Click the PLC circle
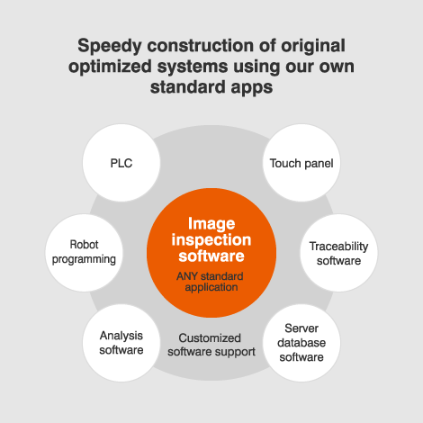pyautogui.click(x=121, y=163)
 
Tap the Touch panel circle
pyautogui.click(x=301, y=163)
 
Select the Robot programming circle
pyautogui.click(x=84, y=253)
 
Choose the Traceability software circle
pyautogui.click(x=338, y=253)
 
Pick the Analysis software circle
pyautogui.click(x=121, y=343)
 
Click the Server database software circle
pyautogui.click(x=301, y=343)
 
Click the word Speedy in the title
pyautogui.click(x=110, y=47)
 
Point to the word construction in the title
pyautogui.click(x=200, y=46)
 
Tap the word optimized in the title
pyautogui.click(x=110, y=67)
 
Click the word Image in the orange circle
pyautogui.click(x=211, y=224)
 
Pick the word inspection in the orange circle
pyautogui.click(x=211, y=240)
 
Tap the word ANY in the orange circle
pyautogui.click(x=186, y=276)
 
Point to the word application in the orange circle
pyautogui.click(x=211, y=287)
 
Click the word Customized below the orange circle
pyautogui.click(x=210, y=338)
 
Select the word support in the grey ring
pyautogui.click(x=237, y=352)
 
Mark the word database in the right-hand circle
pyautogui.click(x=301, y=343)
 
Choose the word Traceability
pyautogui.click(x=338, y=247)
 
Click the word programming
pyautogui.click(x=84, y=259)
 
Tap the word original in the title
pyautogui.click(x=313, y=47)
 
